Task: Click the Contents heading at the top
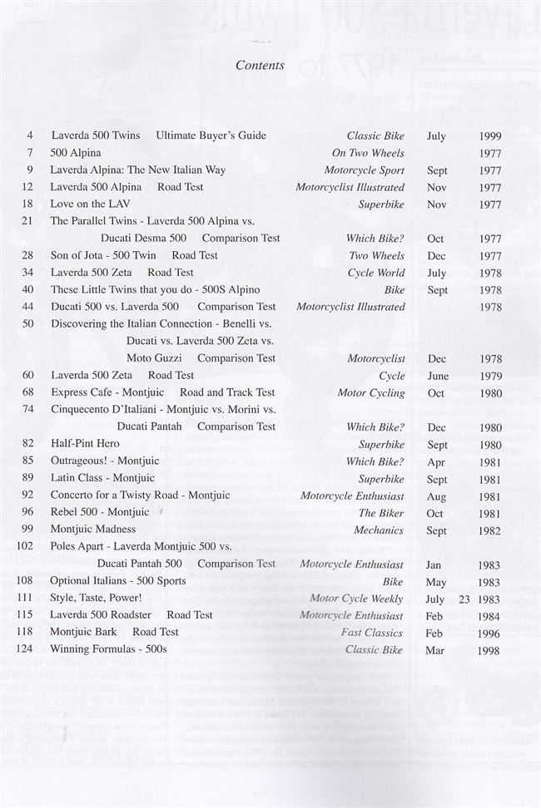[x=260, y=65]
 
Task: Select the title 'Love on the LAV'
[x=90, y=204]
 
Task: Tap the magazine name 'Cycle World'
[x=376, y=273]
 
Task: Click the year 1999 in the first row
[x=490, y=136]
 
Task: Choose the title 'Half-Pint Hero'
[x=85, y=444]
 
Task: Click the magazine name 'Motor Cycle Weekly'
[x=356, y=599]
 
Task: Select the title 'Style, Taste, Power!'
[x=96, y=598]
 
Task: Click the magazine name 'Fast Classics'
[x=372, y=633]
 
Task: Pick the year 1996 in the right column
[x=489, y=633]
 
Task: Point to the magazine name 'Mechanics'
[x=379, y=530]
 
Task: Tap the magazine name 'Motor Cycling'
[x=371, y=393]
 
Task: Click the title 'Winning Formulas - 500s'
[x=108, y=649]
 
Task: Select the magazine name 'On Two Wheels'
[x=368, y=153]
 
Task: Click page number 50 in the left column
[x=27, y=323]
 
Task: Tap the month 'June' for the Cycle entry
[x=437, y=376]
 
